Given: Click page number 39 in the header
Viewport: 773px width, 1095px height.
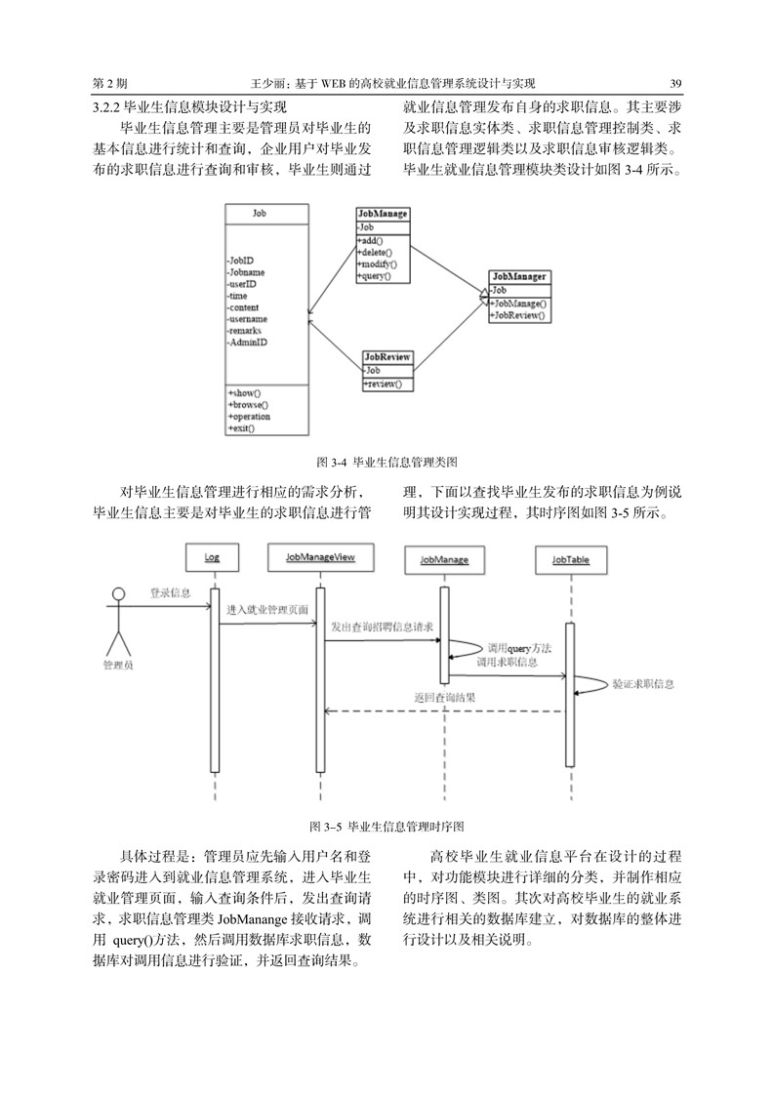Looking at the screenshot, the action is point(675,83).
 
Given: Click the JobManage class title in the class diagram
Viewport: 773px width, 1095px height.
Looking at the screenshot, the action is point(383,214).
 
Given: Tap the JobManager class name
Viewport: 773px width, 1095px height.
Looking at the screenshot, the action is point(519,276).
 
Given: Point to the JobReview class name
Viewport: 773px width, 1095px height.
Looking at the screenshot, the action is point(387,357).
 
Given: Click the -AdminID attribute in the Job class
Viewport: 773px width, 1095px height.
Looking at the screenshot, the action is point(247,343).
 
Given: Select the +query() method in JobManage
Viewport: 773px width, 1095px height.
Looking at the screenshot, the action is point(374,276).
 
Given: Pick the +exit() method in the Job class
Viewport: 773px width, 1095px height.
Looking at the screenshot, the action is point(241,428).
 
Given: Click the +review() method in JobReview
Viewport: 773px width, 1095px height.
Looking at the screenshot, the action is point(382,385).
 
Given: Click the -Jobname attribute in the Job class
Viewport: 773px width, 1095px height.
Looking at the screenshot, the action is point(246,272).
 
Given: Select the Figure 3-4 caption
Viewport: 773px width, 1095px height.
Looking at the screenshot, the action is point(387,463).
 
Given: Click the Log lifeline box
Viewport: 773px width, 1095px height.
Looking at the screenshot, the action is point(212,557).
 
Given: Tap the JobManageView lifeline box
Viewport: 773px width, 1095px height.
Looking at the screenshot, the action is point(320,557).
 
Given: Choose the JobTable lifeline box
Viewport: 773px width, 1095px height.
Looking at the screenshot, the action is point(571,559).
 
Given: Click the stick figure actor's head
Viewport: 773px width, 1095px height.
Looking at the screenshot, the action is point(119,595).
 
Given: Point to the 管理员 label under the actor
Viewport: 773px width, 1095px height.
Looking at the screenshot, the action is point(118,666).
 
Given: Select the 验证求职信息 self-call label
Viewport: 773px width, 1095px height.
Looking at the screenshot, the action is point(644,684).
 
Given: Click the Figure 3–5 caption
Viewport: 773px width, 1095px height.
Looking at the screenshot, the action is point(386,827).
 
